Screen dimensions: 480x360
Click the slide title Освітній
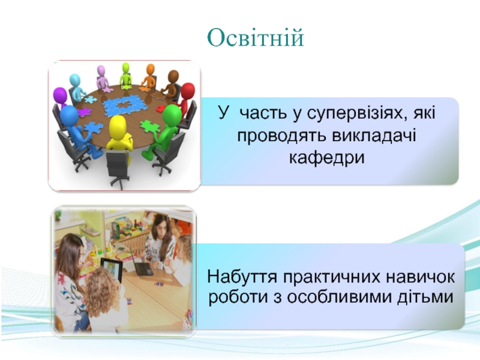click(x=256, y=38)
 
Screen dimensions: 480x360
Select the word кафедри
click(x=327, y=158)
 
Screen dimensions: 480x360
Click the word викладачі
click(x=374, y=136)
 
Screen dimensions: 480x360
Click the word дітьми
click(x=425, y=297)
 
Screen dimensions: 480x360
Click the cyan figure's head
click(x=74, y=80)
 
